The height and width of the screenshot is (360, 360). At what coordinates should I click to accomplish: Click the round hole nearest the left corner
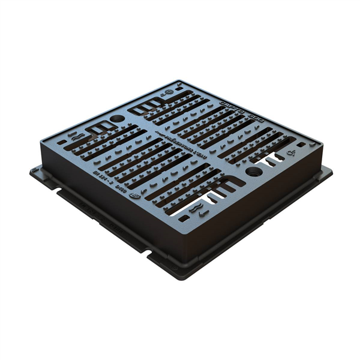(118, 118)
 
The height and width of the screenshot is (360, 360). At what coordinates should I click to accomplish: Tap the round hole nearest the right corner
(254, 172)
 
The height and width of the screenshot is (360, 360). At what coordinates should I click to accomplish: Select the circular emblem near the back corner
(170, 92)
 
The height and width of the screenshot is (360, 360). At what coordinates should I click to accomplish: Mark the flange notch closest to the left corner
(60, 193)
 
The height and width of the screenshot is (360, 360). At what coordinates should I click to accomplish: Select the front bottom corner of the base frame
(180, 277)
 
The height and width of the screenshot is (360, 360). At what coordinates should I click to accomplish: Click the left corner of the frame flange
(31, 170)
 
